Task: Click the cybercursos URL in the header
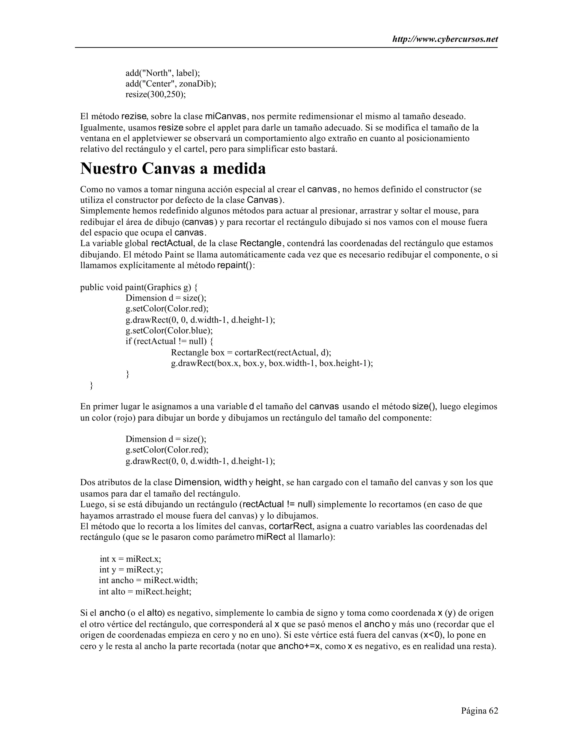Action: [x=445, y=40]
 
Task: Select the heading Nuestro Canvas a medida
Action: [x=173, y=169]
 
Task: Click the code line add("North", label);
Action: [x=163, y=73]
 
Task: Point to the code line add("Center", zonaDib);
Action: [x=171, y=84]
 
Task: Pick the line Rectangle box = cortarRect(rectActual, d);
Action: [x=251, y=352]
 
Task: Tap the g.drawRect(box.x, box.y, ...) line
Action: [x=272, y=363]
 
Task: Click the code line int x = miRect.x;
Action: [x=130, y=559]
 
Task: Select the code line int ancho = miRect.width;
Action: [x=148, y=580]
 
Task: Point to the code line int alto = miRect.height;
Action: [x=145, y=591]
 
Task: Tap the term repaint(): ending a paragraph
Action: [x=236, y=265]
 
